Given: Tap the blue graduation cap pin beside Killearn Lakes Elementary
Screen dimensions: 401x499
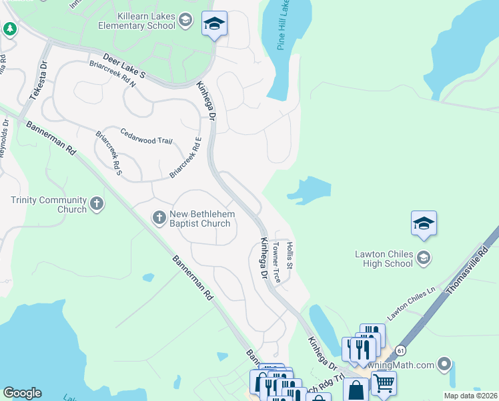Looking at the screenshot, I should coord(214,25).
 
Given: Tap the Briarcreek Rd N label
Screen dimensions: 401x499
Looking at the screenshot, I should coord(112,75).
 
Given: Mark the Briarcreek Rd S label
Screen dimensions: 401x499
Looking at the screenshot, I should coord(109,153).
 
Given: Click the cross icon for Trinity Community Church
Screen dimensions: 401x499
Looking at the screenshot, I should coord(97,204).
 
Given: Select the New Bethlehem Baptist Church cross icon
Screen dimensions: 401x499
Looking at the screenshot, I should coord(159,217).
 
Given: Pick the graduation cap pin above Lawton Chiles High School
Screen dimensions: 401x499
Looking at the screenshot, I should coord(424,225).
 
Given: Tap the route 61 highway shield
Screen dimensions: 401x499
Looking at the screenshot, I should coord(400,350).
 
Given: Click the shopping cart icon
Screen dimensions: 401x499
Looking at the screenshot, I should coord(383,384).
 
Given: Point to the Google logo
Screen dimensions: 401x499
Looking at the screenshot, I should coord(23,393).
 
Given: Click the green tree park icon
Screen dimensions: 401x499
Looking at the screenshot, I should coord(9,29).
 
